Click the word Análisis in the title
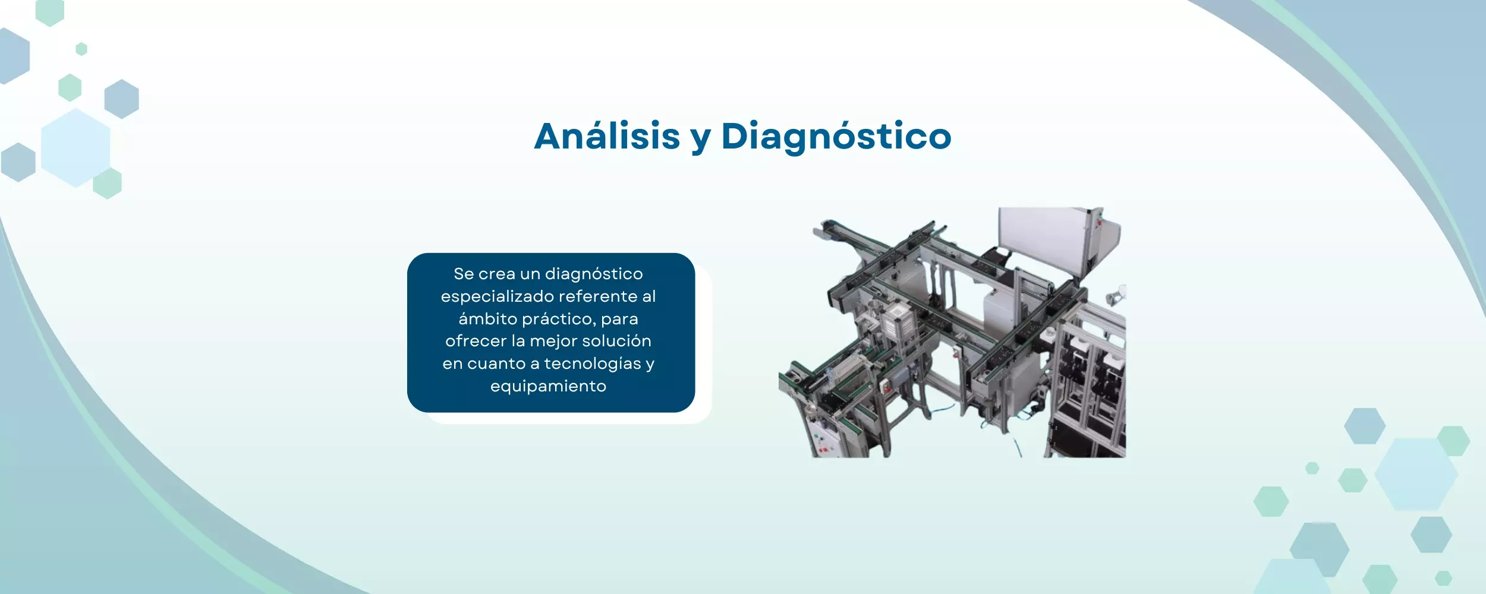pos(607,136)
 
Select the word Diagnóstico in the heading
pos(836,136)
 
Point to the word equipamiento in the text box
pos(548,386)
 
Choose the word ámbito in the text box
pos(488,319)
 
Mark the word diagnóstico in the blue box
pos(594,274)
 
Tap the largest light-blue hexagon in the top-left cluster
pos(75,148)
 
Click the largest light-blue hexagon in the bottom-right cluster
pos(1416,474)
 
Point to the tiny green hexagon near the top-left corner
pos(81,49)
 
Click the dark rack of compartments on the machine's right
pos(1094,380)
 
